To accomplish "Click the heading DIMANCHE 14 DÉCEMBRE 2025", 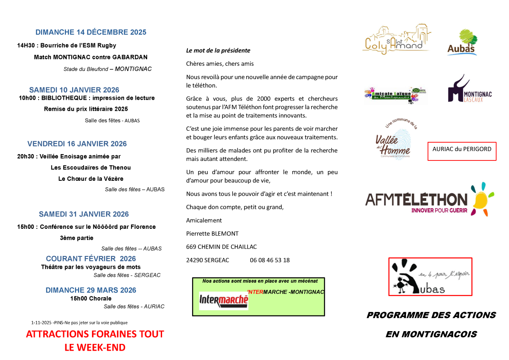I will click(91, 32).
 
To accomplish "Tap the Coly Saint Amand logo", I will click(396, 40).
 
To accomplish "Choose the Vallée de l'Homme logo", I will click(396, 140).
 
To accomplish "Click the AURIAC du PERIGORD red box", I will click(461, 151).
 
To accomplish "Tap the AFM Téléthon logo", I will click(429, 199).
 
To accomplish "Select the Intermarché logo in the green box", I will click(224, 300).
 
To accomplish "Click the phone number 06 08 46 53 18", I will click(270, 260).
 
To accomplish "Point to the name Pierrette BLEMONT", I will click(212, 233).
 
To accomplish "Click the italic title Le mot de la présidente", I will click(218, 51).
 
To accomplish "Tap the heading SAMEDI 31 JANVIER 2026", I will click(84, 214).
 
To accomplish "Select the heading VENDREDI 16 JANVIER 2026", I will click(77, 144).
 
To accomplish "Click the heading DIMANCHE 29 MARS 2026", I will click(91, 290).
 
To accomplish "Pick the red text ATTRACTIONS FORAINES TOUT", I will click(95, 334).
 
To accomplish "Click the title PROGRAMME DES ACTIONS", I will click(431, 315).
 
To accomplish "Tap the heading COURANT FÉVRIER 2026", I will click(91, 259).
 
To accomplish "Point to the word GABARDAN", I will click(130, 57).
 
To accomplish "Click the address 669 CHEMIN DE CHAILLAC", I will click(221, 247).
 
